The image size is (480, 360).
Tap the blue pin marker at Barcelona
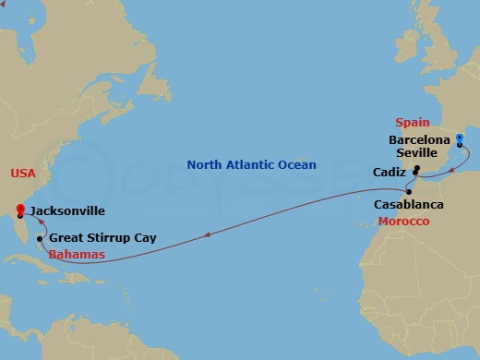point(459,140)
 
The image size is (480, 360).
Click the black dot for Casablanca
point(409,190)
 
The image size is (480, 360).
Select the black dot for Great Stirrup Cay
point(39,239)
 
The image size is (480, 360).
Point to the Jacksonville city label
point(66,211)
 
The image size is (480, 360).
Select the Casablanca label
point(408,204)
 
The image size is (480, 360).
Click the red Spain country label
point(412,122)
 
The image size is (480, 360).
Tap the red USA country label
point(22,173)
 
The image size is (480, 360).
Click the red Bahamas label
point(77,254)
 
